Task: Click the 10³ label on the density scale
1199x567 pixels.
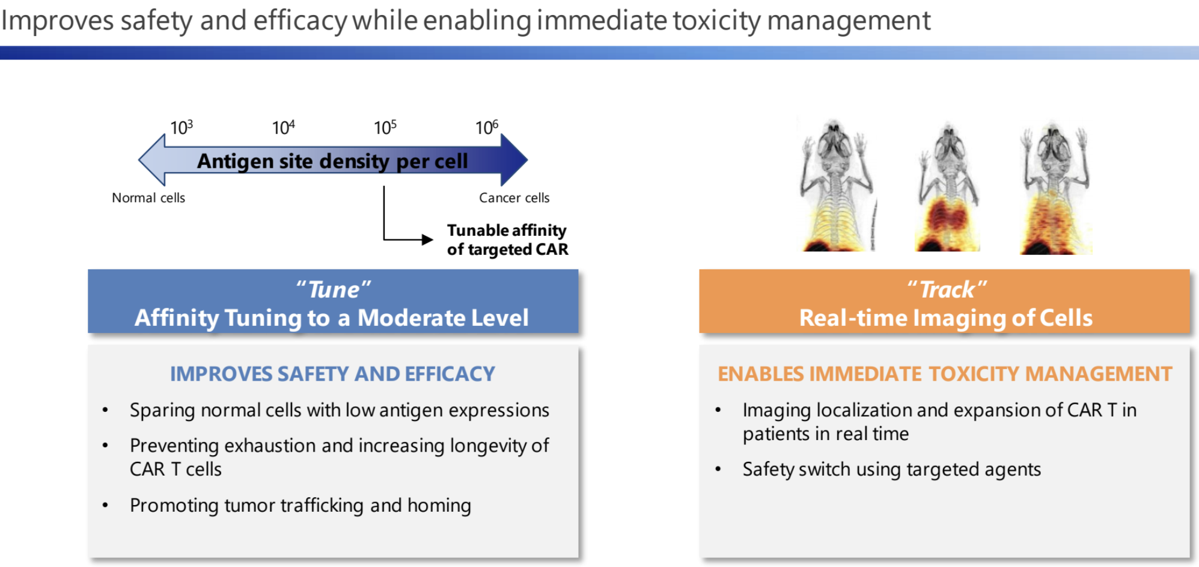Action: (x=181, y=127)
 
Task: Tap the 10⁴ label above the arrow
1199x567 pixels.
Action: (x=283, y=127)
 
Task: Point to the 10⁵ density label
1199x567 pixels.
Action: (x=385, y=127)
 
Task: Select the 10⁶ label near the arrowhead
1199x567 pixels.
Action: (x=486, y=127)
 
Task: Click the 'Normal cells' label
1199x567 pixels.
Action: (x=148, y=198)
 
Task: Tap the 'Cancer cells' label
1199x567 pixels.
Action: (x=514, y=198)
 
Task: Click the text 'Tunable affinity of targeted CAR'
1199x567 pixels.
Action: (x=507, y=239)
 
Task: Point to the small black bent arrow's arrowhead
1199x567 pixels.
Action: (x=427, y=240)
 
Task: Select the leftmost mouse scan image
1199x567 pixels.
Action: (x=836, y=185)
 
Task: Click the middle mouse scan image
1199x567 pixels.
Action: (x=948, y=188)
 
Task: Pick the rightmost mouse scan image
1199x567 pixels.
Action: (x=1055, y=188)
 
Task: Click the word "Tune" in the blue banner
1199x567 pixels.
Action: (x=334, y=290)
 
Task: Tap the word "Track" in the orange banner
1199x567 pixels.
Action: (x=947, y=290)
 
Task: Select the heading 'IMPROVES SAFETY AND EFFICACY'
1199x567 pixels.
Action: (x=332, y=374)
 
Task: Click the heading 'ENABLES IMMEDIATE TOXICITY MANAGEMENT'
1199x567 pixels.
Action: (x=945, y=374)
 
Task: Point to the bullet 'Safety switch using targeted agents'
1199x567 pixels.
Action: (x=891, y=469)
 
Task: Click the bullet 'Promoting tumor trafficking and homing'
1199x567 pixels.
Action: (x=300, y=505)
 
